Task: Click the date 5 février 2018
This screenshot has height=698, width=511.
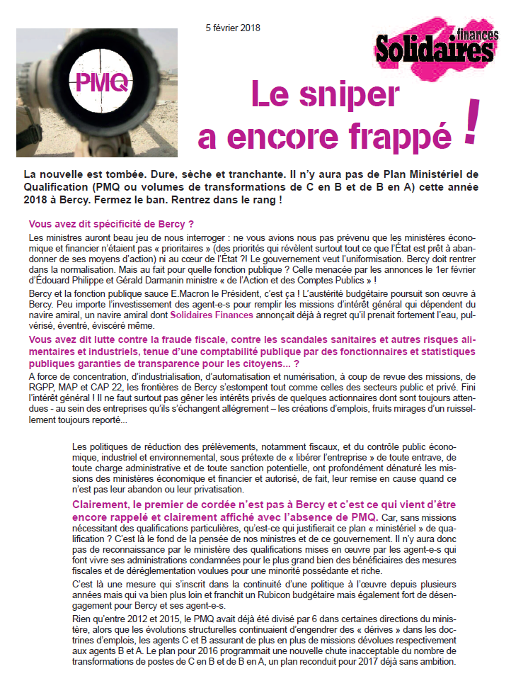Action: click(x=233, y=28)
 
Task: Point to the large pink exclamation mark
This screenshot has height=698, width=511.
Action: click(x=469, y=118)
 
